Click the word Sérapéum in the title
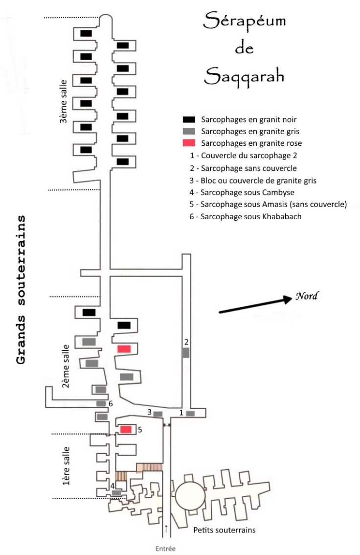click(245, 21)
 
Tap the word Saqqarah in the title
click(245, 76)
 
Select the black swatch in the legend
click(189, 119)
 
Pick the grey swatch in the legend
click(189, 131)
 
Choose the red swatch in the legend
click(189, 143)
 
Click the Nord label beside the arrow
click(307, 296)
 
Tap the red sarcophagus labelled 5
click(126, 429)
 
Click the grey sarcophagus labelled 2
click(186, 352)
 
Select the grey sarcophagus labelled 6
click(101, 403)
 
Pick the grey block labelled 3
click(158, 414)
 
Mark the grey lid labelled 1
click(190, 414)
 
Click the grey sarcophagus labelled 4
click(116, 493)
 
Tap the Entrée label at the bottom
click(165, 549)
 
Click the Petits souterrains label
click(224, 530)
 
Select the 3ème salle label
click(63, 102)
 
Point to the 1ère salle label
click(66, 466)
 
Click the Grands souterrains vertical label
click(21, 290)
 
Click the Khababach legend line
click(246, 217)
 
